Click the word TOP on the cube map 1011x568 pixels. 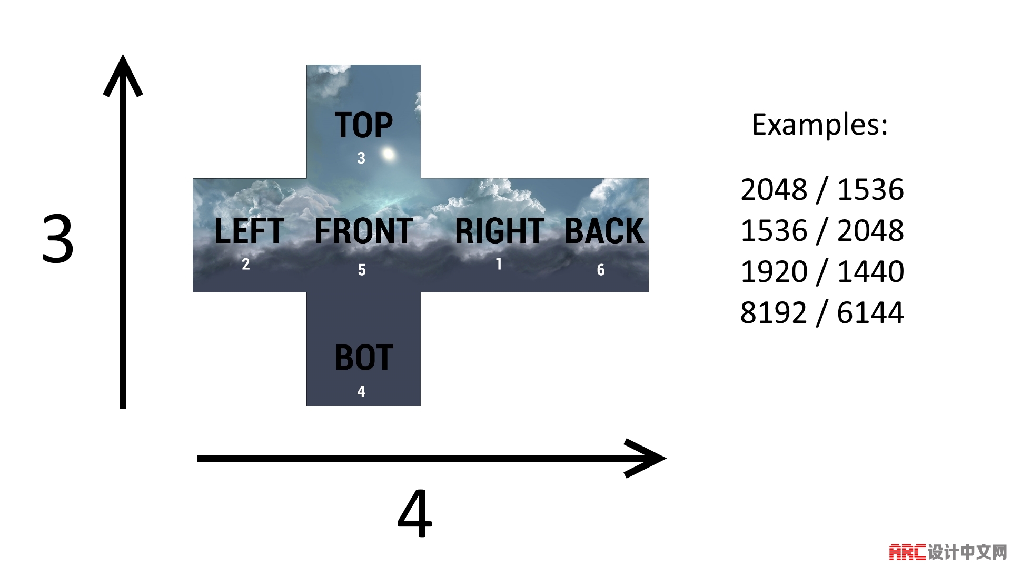click(364, 126)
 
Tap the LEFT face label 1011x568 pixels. click(249, 231)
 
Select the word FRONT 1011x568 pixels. click(364, 231)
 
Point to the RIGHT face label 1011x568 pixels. click(499, 231)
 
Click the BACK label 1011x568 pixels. click(604, 231)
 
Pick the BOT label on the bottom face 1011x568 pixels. click(364, 358)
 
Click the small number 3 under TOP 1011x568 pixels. click(361, 158)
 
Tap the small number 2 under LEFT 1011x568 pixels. click(246, 264)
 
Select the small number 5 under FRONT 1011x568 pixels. click(362, 270)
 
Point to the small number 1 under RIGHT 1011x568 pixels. click(499, 264)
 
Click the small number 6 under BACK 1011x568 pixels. click(601, 270)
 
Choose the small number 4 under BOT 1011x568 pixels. click(361, 391)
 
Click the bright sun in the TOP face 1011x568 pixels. click(389, 154)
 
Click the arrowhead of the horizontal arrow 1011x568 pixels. click(648, 458)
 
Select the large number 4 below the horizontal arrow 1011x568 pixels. click(415, 514)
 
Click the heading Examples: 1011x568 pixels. click(819, 125)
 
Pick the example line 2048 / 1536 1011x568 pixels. click(822, 190)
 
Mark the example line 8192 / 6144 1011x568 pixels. click(822, 313)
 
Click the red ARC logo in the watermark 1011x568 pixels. click(907, 552)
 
